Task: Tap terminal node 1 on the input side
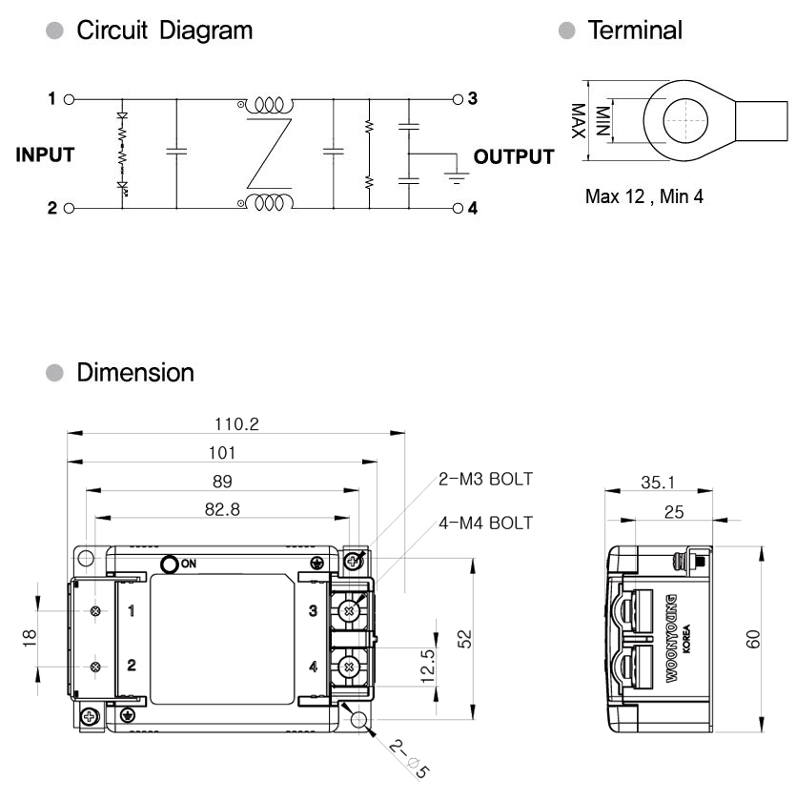pyautogui.click(x=69, y=99)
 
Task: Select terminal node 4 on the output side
pyautogui.click(x=458, y=209)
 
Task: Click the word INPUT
pyautogui.click(x=45, y=154)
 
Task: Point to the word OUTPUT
pyautogui.click(x=514, y=156)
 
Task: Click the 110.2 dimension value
pyautogui.click(x=236, y=424)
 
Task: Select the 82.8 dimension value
pyautogui.click(x=222, y=509)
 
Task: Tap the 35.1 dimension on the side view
pyautogui.click(x=658, y=483)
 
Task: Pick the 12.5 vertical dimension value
pyautogui.click(x=428, y=667)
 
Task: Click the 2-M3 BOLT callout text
pyautogui.click(x=485, y=479)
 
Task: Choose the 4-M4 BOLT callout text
pyautogui.click(x=485, y=524)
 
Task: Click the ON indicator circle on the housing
pyautogui.click(x=170, y=564)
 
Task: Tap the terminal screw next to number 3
pyautogui.click(x=349, y=611)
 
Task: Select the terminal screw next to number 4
pyautogui.click(x=349, y=667)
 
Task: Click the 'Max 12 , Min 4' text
pyautogui.click(x=643, y=196)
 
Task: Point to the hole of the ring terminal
pyautogui.click(x=685, y=120)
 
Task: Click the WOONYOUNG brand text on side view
pyautogui.click(x=672, y=638)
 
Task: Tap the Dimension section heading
pyautogui.click(x=135, y=373)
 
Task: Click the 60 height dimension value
pyautogui.click(x=753, y=639)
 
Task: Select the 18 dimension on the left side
pyautogui.click(x=30, y=638)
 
